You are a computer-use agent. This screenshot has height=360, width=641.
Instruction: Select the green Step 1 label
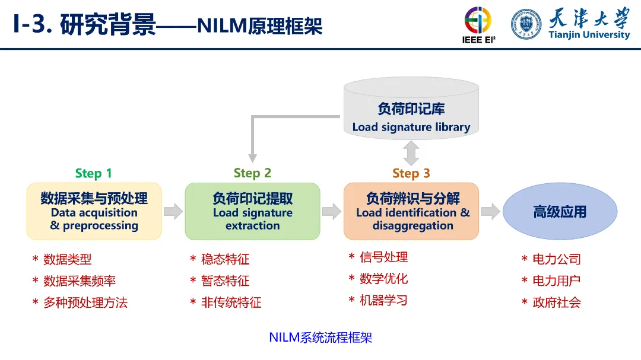(93, 173)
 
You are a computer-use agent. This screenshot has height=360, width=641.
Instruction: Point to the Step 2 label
(252, 173)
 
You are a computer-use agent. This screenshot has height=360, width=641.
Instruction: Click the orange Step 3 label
(411, 173)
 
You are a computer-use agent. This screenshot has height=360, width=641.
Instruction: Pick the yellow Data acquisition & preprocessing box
(94, 211)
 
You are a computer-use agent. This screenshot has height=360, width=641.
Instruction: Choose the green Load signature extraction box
(252, 211)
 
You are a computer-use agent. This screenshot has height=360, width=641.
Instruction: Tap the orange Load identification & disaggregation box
(411, 211)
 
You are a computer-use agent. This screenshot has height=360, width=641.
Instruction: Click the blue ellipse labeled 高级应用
(559, 212)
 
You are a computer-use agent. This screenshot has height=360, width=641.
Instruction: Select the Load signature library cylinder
(411, 113)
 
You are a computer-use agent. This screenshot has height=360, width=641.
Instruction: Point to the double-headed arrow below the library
(411, 153)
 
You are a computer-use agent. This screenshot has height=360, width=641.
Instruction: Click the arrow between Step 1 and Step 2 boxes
(173, 211)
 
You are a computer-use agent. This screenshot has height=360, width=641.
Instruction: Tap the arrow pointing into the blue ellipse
(490, 211)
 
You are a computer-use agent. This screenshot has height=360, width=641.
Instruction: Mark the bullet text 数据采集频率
(80, 281)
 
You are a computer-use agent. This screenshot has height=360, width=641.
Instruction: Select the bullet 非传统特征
(231, 302)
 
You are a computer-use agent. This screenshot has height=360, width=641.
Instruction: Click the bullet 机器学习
(383, 300)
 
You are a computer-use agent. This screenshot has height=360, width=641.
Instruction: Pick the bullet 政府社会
(556, 302)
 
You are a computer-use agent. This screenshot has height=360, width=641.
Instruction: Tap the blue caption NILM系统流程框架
(320, 338)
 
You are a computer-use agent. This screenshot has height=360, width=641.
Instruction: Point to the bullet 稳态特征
(225, 259)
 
